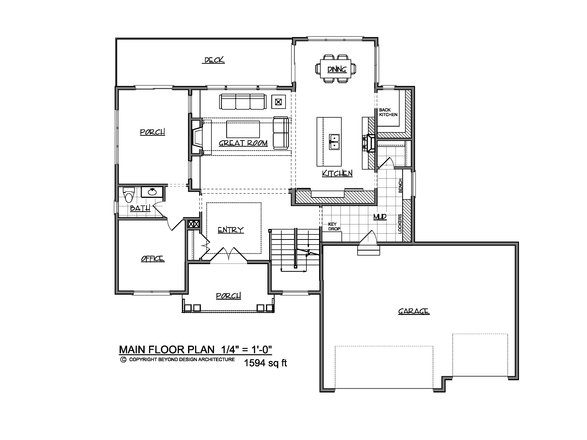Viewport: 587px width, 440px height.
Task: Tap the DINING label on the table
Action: [337, 69]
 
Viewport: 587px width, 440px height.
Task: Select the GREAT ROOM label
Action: [243, 143]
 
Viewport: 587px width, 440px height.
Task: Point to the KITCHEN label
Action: [337, 173]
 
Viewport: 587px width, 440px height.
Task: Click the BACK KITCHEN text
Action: [388, 112]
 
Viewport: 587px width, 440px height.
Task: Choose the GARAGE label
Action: [414, 311]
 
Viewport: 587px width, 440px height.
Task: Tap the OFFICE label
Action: [153, 259]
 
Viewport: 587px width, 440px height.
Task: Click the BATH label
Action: [140, 208]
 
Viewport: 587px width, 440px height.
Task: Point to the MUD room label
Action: [380, 217]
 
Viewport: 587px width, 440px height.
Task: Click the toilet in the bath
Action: [129, 195]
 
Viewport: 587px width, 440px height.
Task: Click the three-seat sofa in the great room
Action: [243, 102]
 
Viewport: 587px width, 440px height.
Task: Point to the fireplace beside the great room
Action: [197, 137]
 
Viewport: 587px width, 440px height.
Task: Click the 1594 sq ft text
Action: [265, 363]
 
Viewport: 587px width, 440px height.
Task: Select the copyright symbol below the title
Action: [123, 360]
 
